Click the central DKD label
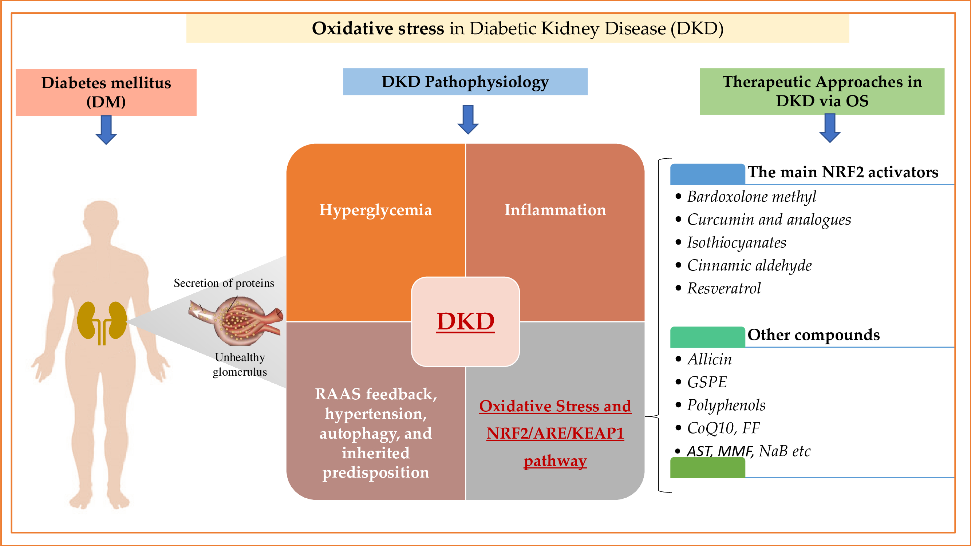(465, 321)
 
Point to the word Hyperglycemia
(375, 210)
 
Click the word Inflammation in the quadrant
(555, 210)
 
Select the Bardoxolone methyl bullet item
(751, 197)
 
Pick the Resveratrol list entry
(724, 288)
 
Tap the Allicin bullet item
(709, 359)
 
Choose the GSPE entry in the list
(707, 382)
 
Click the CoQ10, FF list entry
(723, 428)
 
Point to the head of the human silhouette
(100, 218)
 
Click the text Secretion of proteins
(224, 283)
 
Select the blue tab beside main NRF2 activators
(707, 174)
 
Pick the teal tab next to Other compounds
(707, 336)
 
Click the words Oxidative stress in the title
(378, 29)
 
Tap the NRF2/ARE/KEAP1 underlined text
(555, 433)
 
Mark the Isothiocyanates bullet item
(736, 243)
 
